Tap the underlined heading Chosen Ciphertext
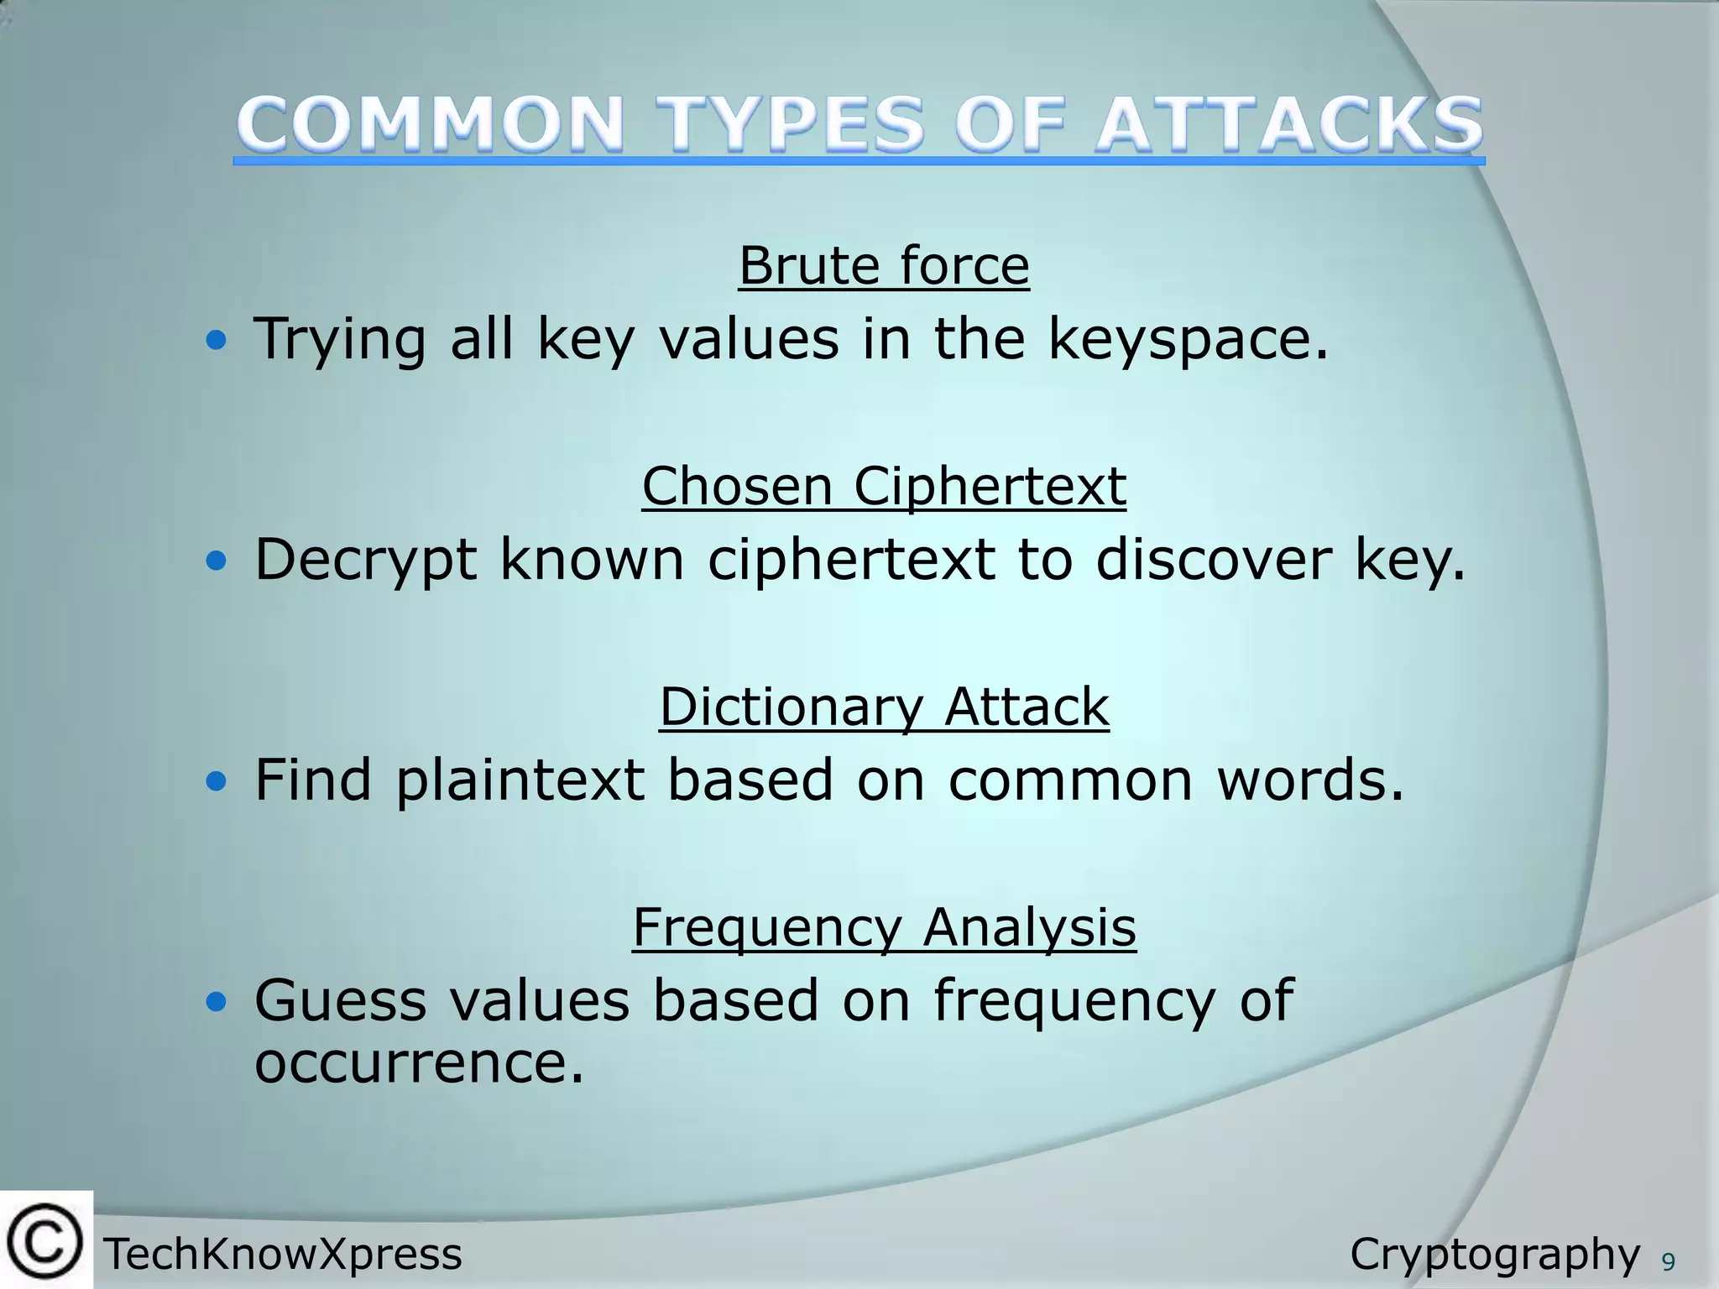[884, 486]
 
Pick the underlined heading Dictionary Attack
[884, 707]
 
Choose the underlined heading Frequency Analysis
[884, 927]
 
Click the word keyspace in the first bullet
[1187, 340]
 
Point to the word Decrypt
[366, 560]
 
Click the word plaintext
[520, 780]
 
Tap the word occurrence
[418, 1062]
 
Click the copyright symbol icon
[45, 1240]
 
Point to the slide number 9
[1669, 1262]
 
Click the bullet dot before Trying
[217, 341]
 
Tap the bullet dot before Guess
[217, 1001]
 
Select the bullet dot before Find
[217, 781]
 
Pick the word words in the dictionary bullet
[1309, 780]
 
